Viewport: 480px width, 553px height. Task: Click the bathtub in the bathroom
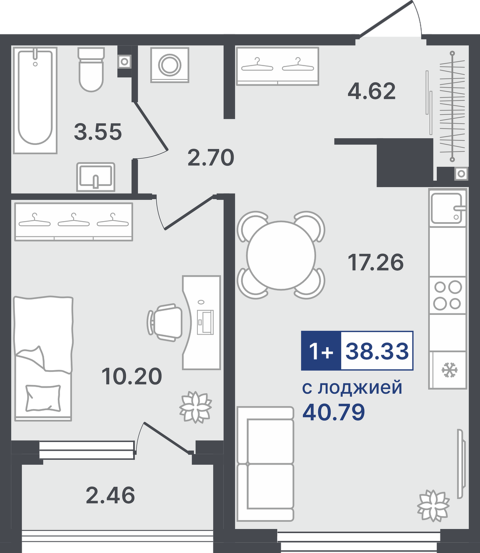click(35, 100)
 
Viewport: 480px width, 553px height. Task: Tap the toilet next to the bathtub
click(91, 70)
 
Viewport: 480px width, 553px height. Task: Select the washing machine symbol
click(170, 65)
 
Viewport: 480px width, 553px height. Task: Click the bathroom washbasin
click(96, 177)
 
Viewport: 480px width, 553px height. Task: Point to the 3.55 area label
click(98, 132)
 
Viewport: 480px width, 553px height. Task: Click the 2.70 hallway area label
click(211, 157)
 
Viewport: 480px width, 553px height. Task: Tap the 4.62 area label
click(371, 91)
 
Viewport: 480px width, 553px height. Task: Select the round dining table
click(281, 255)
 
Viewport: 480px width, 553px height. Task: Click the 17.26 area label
click(375, 262)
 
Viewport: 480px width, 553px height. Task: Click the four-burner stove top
click(447, 295)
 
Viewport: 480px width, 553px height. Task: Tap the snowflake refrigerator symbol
click(450, 370)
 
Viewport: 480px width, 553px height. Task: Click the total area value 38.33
click(377, 351)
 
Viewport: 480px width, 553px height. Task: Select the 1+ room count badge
click(321, 351)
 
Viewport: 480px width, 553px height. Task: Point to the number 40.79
click(333, 412)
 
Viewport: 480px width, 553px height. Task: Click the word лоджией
click(360, 388)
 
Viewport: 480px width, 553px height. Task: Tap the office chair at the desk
click(164, 323)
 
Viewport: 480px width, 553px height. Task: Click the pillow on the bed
click(43, 398)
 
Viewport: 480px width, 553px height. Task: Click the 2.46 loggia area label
click(110, 495)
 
